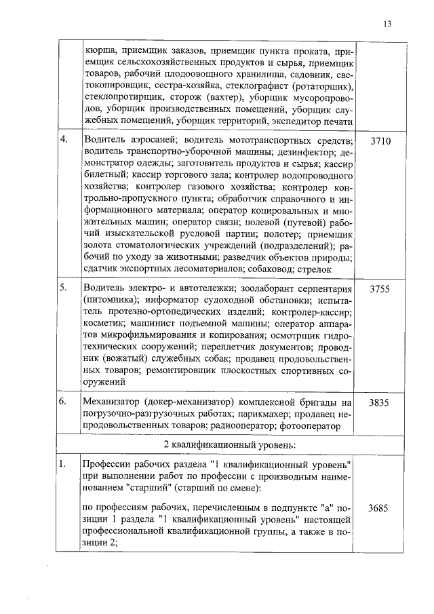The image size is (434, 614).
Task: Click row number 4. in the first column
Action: [64, 140]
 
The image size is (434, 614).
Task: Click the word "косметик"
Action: [101, 324]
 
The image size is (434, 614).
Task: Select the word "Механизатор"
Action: [113, 402]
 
